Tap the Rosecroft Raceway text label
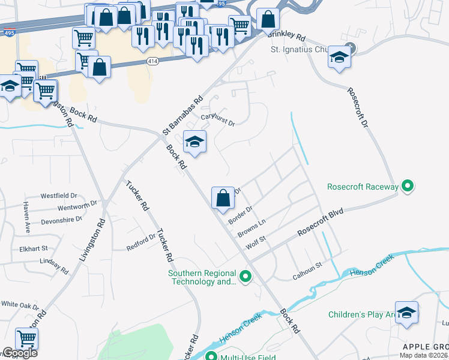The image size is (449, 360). (x=362, y=187)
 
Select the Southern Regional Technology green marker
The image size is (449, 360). (x=245, y=277)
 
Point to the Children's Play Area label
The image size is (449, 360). (x=360, y=314)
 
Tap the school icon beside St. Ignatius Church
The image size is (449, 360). (x=340, y=58)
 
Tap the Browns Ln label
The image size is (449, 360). (x=251, y=228)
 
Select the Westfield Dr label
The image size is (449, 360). (x=59, y=196)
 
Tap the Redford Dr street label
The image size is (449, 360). (x=140, y=242)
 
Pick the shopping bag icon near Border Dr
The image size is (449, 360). (x=223, y=197)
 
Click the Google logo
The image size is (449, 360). (x=20, y=353)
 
